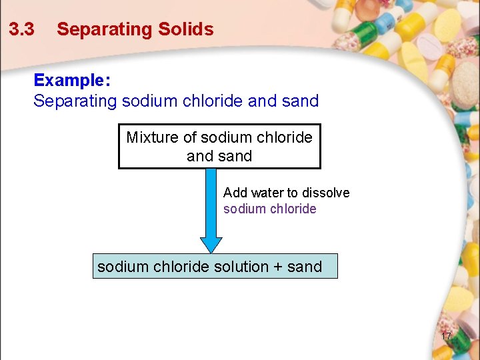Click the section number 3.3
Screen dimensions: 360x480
click(x=21, y=29)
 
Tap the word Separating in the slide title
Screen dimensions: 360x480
click(x=105, y=29)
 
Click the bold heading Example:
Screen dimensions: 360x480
click(x=72, y=81)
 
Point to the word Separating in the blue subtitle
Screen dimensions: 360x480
click(x=75, y=101)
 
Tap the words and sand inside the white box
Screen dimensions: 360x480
click(x=219, y=156)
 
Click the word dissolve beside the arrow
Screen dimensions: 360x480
click(x=325, y=193)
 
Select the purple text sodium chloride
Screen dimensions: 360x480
click(x=269, y=209)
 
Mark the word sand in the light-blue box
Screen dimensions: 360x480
click(x=305, y=267)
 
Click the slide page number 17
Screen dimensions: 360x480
click(x=446, y=337)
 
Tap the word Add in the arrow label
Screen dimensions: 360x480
click(x=235, y=193)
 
